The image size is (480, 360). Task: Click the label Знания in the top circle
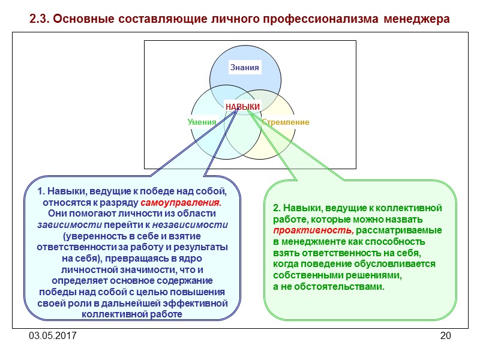click(x=245, y=68)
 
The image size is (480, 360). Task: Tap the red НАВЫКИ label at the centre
click(x=242, y=107)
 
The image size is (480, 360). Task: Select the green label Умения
click(x=202, y=122)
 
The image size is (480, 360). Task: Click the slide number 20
click(x=445, y=335)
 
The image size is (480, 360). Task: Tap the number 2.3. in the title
click(x=40, y=19)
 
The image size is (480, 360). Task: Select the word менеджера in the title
click(x=416, y=19)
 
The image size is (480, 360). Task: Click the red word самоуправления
click(x=181, y=203)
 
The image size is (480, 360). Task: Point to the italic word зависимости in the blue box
click(x=61, y=225)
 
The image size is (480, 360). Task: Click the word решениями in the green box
click(x=377, y=275)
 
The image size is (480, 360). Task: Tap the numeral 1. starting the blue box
click(x=41, y=191)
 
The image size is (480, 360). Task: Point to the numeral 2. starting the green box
click(x=277, y=208)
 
